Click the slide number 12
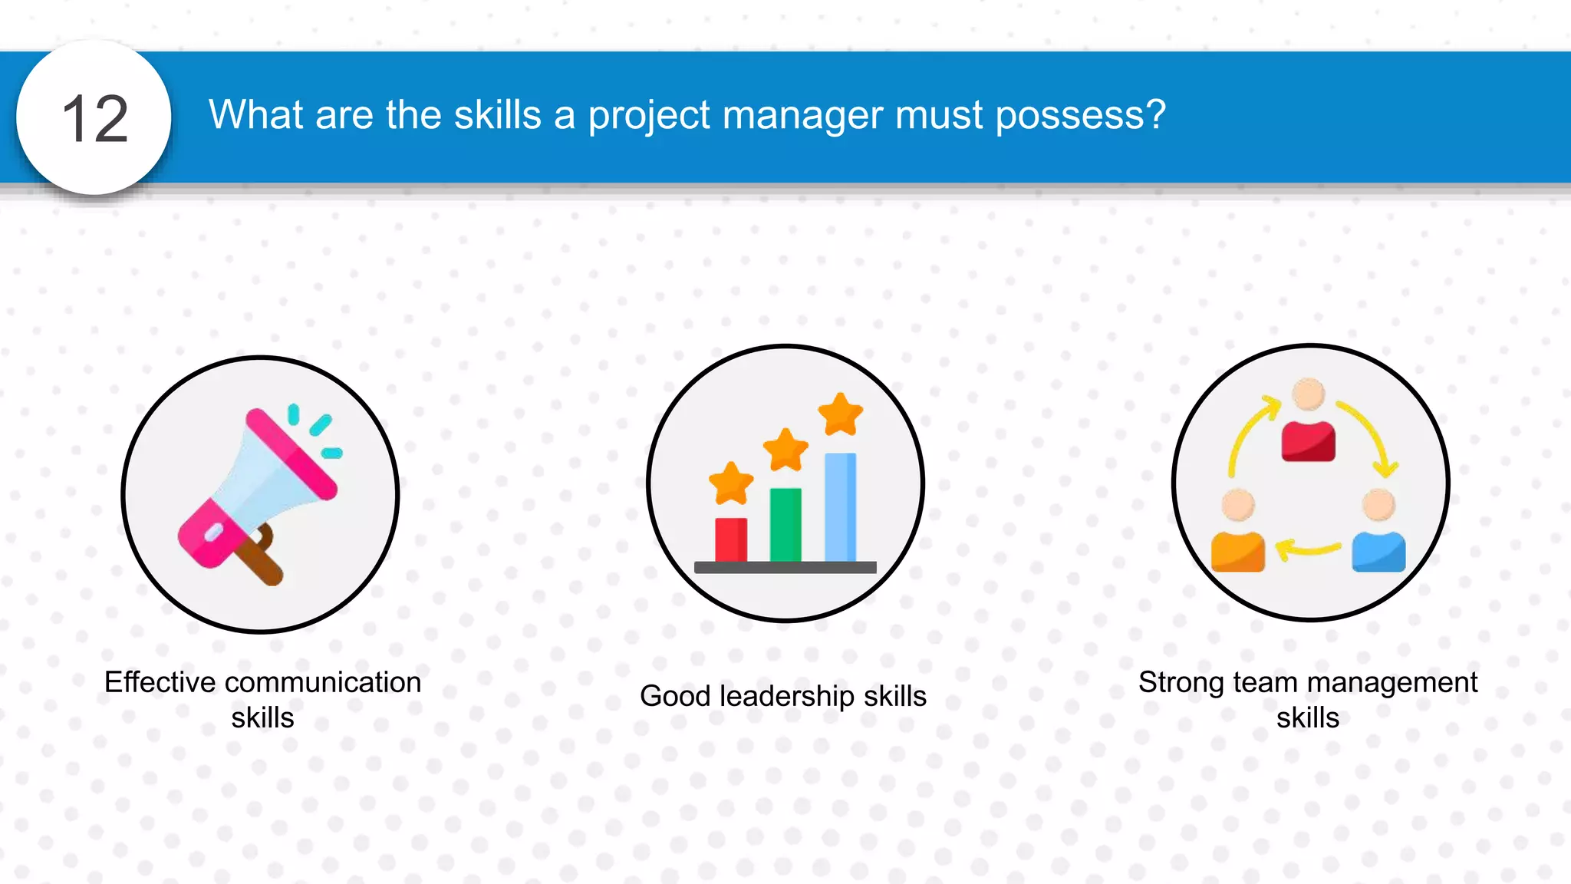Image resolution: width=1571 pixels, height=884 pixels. tap(95, 119)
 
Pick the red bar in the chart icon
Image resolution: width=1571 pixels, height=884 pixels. tap(730, 539)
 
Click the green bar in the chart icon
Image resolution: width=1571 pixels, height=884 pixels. tap(785, 525)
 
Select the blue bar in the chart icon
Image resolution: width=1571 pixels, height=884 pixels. tap(840, 506)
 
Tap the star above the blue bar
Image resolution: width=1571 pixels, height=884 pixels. tap(841, 414)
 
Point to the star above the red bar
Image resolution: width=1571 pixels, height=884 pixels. tap(730, 483)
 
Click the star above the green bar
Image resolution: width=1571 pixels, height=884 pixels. tap(785, 449)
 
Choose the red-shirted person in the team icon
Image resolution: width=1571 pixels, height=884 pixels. tap(1308, 422)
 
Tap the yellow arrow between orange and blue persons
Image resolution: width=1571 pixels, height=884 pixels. tap(1308, 548)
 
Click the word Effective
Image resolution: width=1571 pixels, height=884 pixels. tap(160, 682)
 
